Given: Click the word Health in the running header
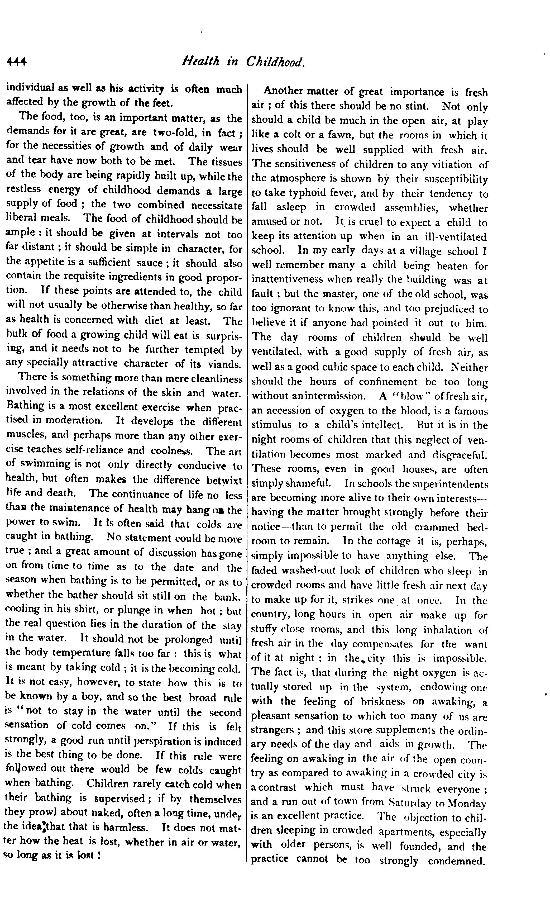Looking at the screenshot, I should [200, 61].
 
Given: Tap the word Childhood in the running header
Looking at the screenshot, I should [275, 62].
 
